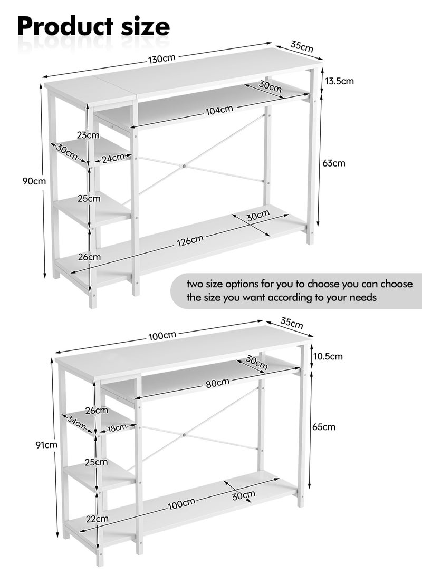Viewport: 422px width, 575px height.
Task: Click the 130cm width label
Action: [x=162, y=59]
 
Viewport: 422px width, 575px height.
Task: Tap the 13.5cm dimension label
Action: [x=339, y=81]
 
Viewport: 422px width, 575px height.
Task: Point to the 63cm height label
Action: [x=334, y=163]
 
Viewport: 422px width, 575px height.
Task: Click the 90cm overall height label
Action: [x=34, y=181]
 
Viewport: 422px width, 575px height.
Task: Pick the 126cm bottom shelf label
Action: [x=189, y=240]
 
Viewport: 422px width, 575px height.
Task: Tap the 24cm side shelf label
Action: [x=113, y=159]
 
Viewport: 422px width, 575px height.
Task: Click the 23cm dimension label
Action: [x=88, y=135]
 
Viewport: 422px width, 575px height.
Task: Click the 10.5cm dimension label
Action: [x=328, y=356]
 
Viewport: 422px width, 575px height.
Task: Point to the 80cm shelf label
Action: [x=218, y=383]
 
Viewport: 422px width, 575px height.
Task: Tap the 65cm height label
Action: [x=324, y=427]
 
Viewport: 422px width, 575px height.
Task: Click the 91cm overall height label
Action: [x=46, y=445]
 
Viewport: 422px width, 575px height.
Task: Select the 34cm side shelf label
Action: [x=76, y=422]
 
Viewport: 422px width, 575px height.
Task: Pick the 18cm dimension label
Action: [x=117, y=427]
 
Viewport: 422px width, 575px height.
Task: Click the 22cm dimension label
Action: [x=97, y=519]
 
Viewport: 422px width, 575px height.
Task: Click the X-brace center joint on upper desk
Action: [x=184, y=166]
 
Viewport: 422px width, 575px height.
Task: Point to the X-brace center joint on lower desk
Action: [x=183, y=435]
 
